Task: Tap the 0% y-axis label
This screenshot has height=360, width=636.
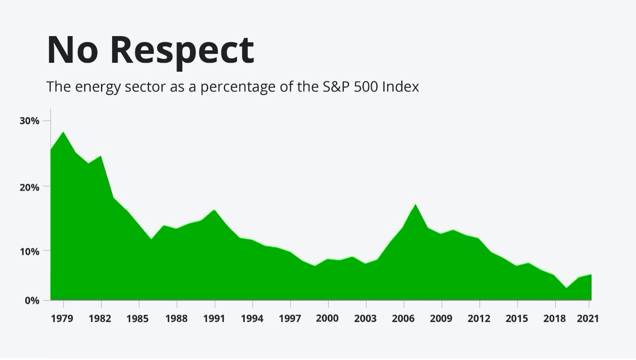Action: [32, 300]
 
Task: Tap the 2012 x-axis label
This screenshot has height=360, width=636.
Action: [479, 319]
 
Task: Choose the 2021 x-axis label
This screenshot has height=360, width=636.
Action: [588, 319]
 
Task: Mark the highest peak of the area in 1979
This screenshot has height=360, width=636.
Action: [64, 132]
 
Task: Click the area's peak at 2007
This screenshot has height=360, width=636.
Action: [415, 205]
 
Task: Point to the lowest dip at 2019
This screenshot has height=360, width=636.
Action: [566, 288]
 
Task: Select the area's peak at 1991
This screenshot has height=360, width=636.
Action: [215, 210]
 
